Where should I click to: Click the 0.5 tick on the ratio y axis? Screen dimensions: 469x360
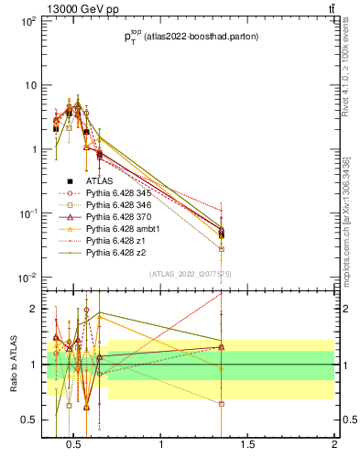click(x=27, y=420)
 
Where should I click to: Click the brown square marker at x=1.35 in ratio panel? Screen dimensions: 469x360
click(x=222, y=403)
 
